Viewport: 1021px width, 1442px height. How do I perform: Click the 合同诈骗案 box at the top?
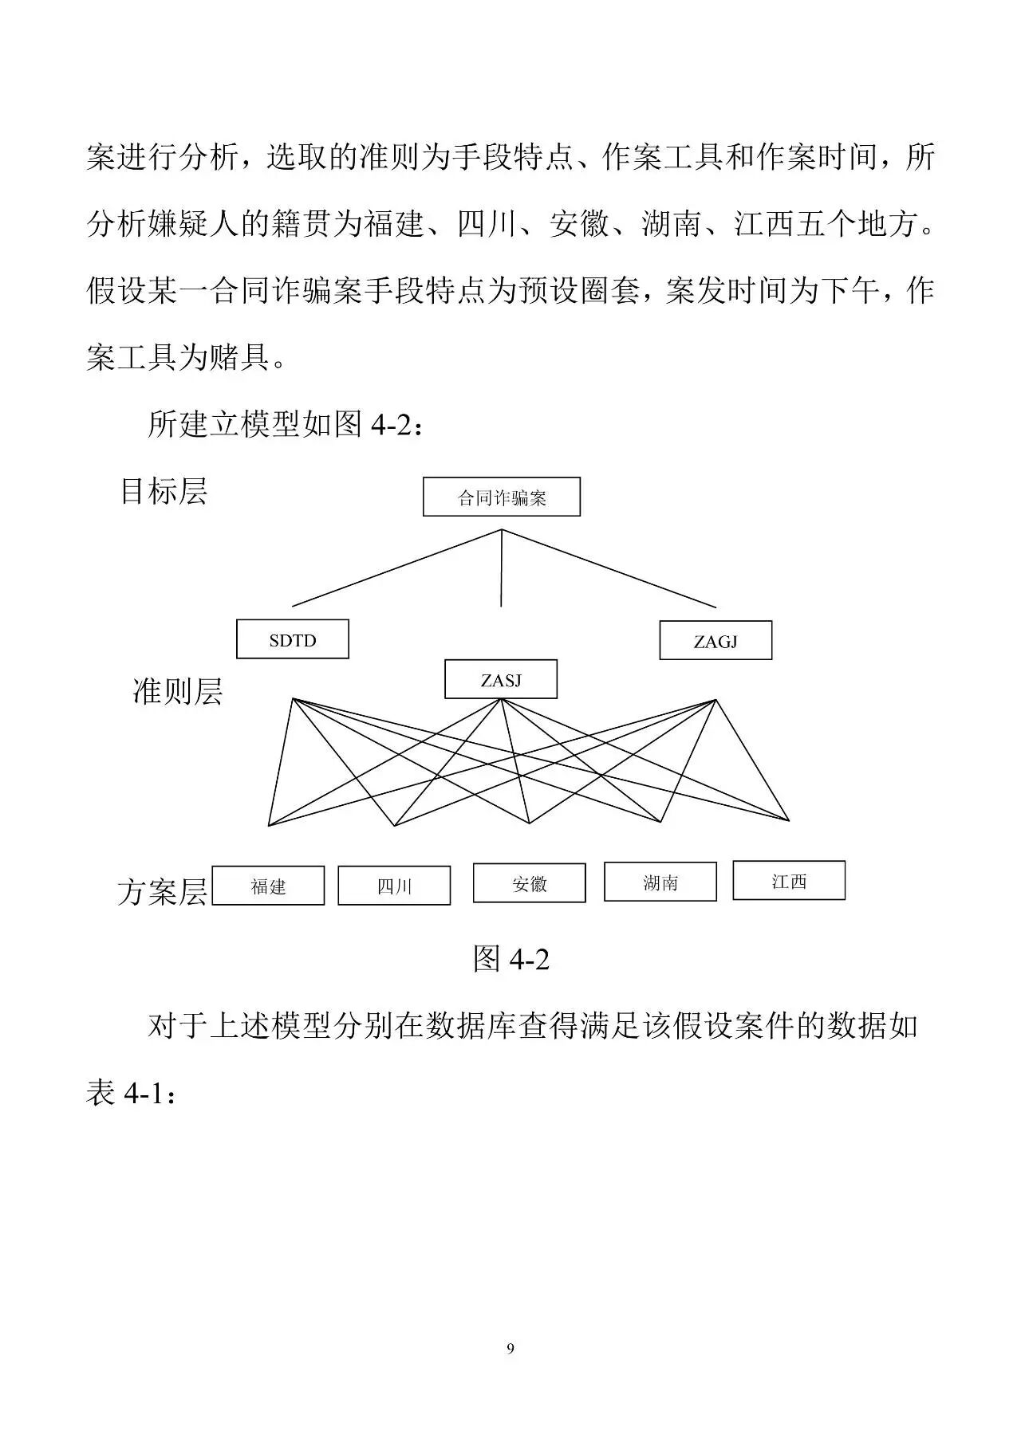[501, 497]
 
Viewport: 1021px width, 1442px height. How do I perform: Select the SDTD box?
[292, 640]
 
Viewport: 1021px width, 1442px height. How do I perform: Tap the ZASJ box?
[500, 680]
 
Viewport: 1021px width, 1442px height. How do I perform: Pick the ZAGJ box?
[715, 641]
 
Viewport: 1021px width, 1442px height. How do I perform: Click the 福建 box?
[268, 886]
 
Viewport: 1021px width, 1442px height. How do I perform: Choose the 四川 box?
[393, 886]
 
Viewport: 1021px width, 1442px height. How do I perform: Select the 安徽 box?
[529, 883]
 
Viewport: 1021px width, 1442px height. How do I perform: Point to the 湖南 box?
[660, 882]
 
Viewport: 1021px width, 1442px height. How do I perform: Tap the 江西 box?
[788, 881]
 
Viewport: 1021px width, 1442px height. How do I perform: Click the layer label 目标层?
[164, 491]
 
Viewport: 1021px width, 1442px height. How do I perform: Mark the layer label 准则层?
[177, 691]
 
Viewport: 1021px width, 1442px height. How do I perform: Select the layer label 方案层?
[162, 891]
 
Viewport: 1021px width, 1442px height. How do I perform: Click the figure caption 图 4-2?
[510, 958]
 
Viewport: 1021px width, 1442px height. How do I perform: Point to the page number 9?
[510, 1348]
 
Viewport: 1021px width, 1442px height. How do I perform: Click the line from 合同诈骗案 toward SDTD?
[396, 568]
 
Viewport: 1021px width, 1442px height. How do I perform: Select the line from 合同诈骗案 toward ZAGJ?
[609, 568]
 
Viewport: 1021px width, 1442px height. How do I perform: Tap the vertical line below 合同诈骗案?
[501, 568]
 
